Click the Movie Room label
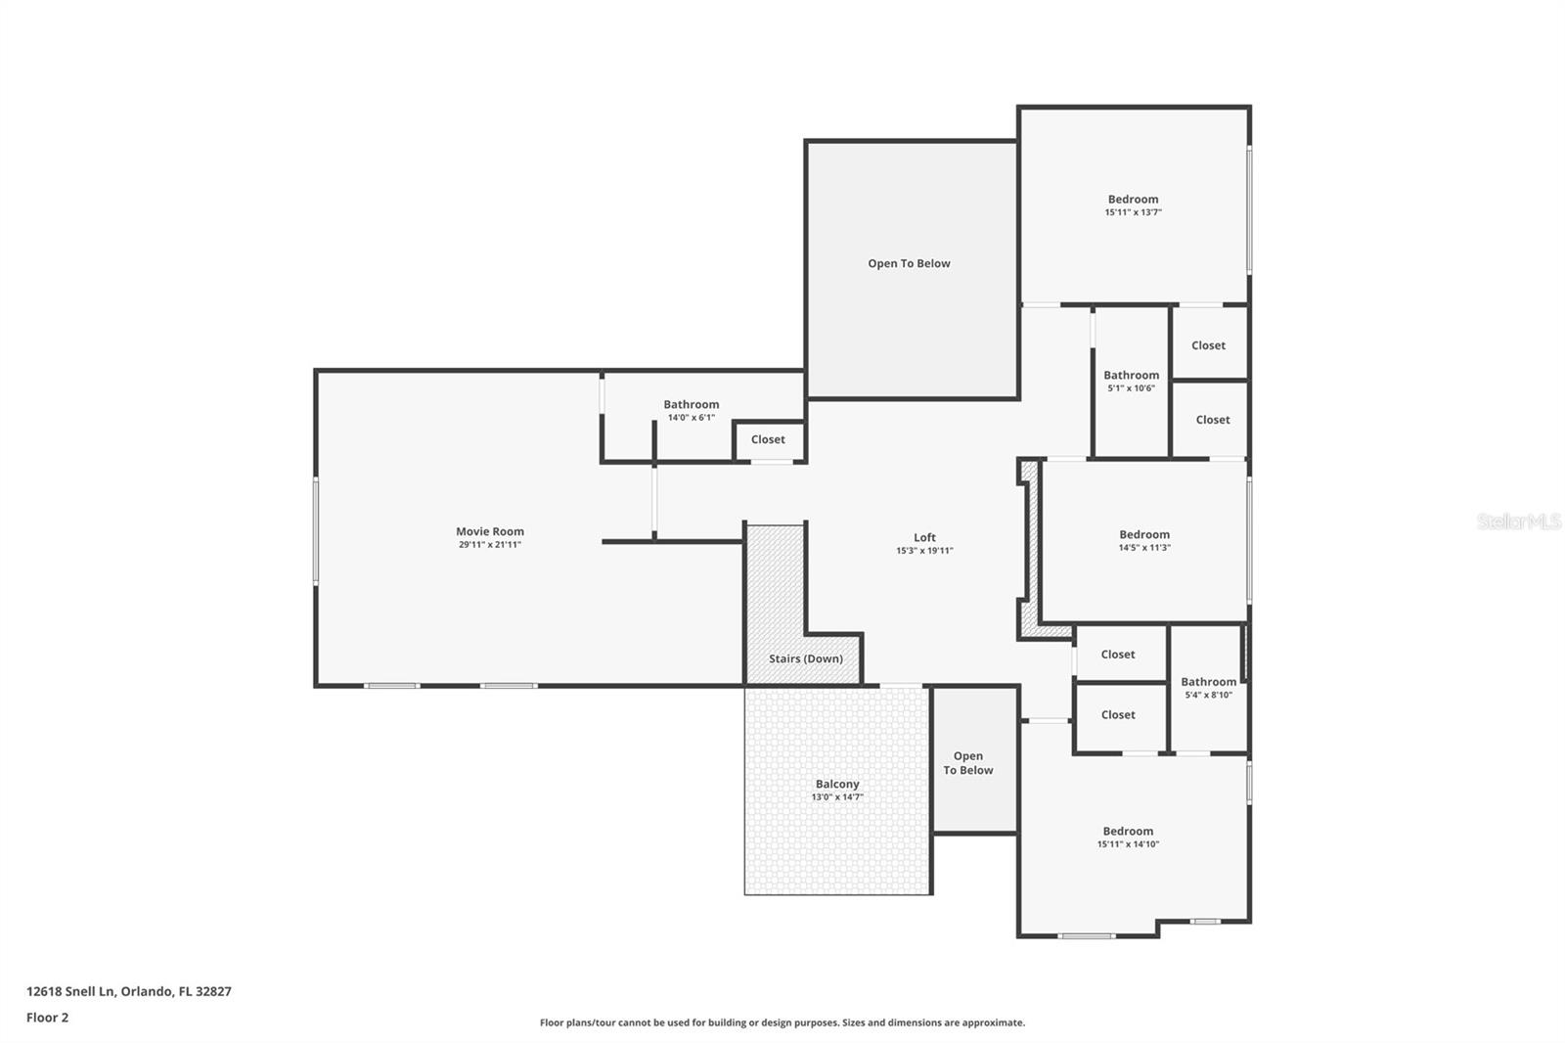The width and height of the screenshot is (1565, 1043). tap(489, 531)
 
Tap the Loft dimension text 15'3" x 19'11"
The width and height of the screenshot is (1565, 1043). tap(924, 551)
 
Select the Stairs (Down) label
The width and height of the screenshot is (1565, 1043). tap(805, 658)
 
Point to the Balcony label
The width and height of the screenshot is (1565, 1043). tap(837, 784)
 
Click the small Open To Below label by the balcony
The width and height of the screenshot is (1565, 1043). tap(968, 763)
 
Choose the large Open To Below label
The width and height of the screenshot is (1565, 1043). tap(909, 263)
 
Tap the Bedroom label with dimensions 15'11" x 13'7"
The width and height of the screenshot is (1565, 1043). tap(1133, 199)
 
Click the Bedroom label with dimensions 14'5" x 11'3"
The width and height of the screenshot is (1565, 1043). tap(1144, 534)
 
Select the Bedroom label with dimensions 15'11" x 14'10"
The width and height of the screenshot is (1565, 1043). tap(1128, 831)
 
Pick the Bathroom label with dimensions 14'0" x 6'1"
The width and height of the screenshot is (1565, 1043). tap(691, 404)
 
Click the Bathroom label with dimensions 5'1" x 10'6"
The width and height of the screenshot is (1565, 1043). tap(1131, 375)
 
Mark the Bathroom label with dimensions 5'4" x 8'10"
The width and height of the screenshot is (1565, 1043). tap(1208, 682)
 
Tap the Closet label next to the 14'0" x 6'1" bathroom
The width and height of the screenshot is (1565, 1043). tap(768, 439)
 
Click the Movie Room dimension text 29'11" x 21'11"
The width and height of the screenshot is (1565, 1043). tap(489, 545)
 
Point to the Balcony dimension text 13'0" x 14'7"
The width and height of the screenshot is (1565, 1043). tap(837, 797)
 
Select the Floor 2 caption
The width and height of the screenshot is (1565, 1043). tap(47, 1018)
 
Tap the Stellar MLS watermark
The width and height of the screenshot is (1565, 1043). tap(1518, 521)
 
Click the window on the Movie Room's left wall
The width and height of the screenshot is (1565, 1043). tap(315, 530)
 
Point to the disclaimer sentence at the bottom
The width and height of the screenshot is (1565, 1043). tap(782, 1022)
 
